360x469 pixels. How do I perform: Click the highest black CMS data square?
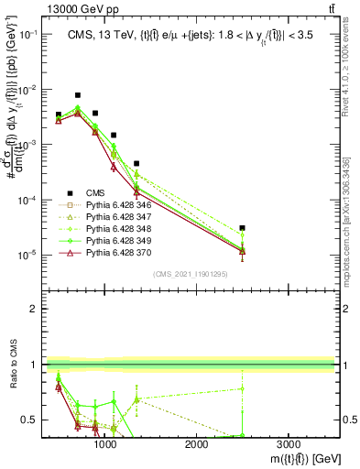[78, 95]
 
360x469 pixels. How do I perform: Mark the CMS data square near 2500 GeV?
[242, 228]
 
